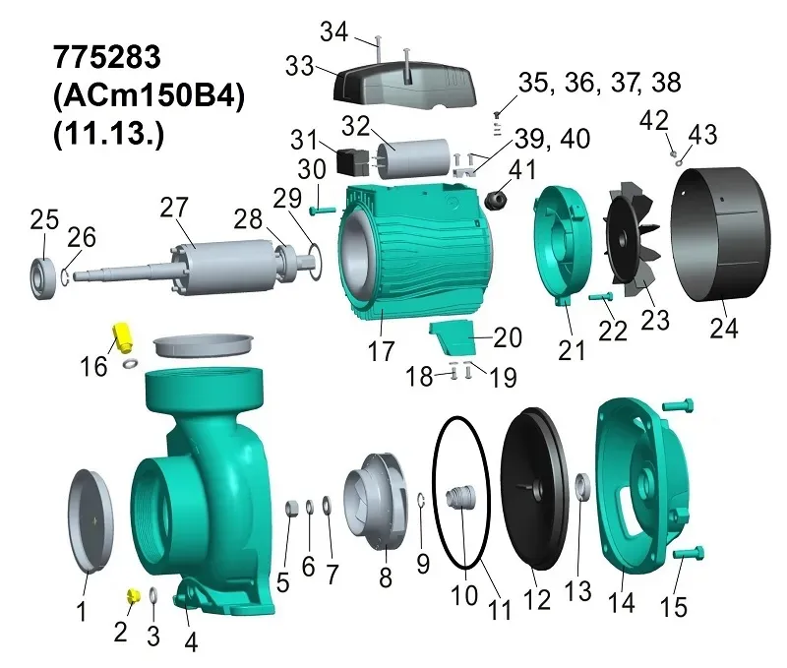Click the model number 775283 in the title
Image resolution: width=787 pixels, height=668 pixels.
[107, 57]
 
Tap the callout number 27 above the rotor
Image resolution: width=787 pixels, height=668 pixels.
[174, 208]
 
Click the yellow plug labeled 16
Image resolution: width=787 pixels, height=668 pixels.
[121, 338]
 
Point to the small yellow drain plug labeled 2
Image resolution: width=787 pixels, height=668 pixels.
[133, 596]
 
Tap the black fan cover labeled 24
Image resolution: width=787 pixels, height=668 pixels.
[720, 234]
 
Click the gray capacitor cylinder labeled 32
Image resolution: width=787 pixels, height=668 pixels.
[414, 158]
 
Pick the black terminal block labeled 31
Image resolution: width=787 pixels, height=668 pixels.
[351, 161]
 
